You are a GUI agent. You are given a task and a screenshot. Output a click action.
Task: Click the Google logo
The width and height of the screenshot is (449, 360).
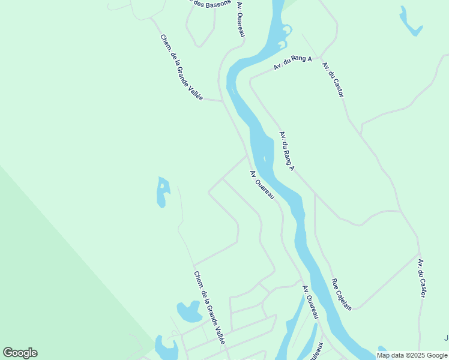tap(20, 353)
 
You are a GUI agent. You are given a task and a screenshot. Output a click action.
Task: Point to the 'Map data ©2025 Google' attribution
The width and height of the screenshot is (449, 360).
tap(412, 355)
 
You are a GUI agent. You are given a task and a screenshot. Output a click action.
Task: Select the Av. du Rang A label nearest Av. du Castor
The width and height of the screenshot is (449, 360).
tap(293, 62)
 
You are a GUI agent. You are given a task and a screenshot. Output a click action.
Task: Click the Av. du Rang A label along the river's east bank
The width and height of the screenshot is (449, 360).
tap(287, 151)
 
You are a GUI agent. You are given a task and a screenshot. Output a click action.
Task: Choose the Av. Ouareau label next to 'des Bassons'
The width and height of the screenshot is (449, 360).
tap(241, 18)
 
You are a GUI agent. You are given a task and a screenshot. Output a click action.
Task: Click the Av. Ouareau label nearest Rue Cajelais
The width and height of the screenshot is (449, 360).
tap(310, 302)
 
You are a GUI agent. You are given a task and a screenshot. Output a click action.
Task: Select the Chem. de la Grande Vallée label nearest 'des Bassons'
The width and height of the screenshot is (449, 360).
tap(181, 67)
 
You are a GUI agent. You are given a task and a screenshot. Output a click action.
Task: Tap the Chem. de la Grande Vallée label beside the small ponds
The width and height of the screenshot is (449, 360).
tap(209, 307)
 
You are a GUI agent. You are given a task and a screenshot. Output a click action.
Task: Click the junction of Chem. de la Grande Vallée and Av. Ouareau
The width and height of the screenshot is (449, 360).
tap(223, 101)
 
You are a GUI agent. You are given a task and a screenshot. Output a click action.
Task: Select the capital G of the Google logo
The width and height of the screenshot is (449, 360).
tap(8, 353)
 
